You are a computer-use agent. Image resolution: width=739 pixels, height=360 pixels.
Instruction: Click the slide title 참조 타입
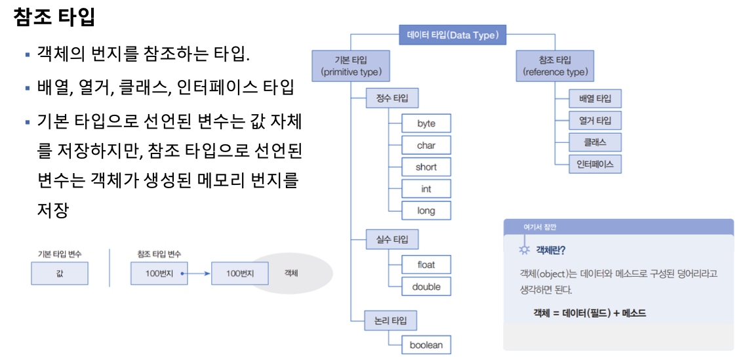[54, 18]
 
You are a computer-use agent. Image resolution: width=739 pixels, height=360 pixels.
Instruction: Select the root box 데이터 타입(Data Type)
[452, 35]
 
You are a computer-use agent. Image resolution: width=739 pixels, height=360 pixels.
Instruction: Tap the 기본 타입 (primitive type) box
[351, 66]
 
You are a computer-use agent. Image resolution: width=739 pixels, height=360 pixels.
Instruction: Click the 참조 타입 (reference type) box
[555, 66]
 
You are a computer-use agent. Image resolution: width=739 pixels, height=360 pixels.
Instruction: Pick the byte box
[426, 123]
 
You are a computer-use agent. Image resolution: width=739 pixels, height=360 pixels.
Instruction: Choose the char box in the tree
[426, 145]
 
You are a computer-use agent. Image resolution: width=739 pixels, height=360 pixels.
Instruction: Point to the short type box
[426, 167]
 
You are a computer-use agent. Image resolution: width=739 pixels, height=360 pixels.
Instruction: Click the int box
[426, 189]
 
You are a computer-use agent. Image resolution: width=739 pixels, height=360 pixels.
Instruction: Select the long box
[426, 210]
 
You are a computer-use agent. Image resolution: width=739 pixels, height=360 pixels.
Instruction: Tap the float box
[426, 265]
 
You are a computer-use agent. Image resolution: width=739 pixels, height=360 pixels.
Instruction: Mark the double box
[426, 287]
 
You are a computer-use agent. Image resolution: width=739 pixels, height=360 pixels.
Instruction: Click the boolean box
[426, 344]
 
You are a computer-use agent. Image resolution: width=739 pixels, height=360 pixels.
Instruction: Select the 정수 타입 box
[391, 98]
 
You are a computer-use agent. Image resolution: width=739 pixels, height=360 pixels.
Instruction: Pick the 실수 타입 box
[391, 239]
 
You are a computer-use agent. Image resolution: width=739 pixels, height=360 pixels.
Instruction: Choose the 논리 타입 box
[391, 321]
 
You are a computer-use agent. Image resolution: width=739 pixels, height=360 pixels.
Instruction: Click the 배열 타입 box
[595, 99]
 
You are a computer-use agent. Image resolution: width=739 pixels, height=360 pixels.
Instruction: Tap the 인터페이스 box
[595, 164]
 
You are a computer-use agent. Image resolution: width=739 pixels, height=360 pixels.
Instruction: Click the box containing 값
[60, 273]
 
